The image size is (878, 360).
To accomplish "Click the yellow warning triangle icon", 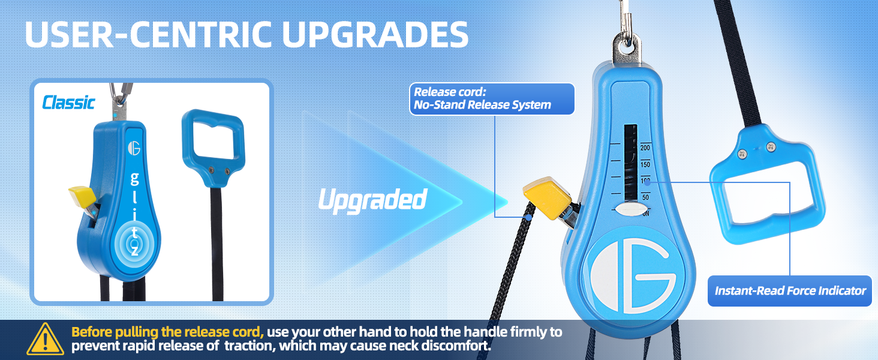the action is coord(46,340).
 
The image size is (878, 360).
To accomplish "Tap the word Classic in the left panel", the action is coord(68,103).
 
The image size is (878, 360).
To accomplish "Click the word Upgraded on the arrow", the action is coord(372,200).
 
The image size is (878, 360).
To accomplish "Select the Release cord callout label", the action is coord(492,99).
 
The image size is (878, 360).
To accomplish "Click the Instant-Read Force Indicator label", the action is coord(790,290).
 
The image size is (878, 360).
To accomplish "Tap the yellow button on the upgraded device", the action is coord(547,197).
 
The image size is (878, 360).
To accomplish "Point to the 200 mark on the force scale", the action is coord(645,148).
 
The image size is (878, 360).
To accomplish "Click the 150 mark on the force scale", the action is coord(645,165).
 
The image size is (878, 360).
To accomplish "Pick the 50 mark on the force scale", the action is coord(645,197).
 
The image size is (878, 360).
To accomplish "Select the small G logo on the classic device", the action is coord(134,148).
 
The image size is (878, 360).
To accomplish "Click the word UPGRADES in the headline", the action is coord(375,34).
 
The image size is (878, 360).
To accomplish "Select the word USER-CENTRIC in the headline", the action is coord(148,34).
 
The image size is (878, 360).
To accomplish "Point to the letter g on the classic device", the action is coord(134,179).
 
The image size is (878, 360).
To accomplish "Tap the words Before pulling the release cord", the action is coord(167,332).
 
